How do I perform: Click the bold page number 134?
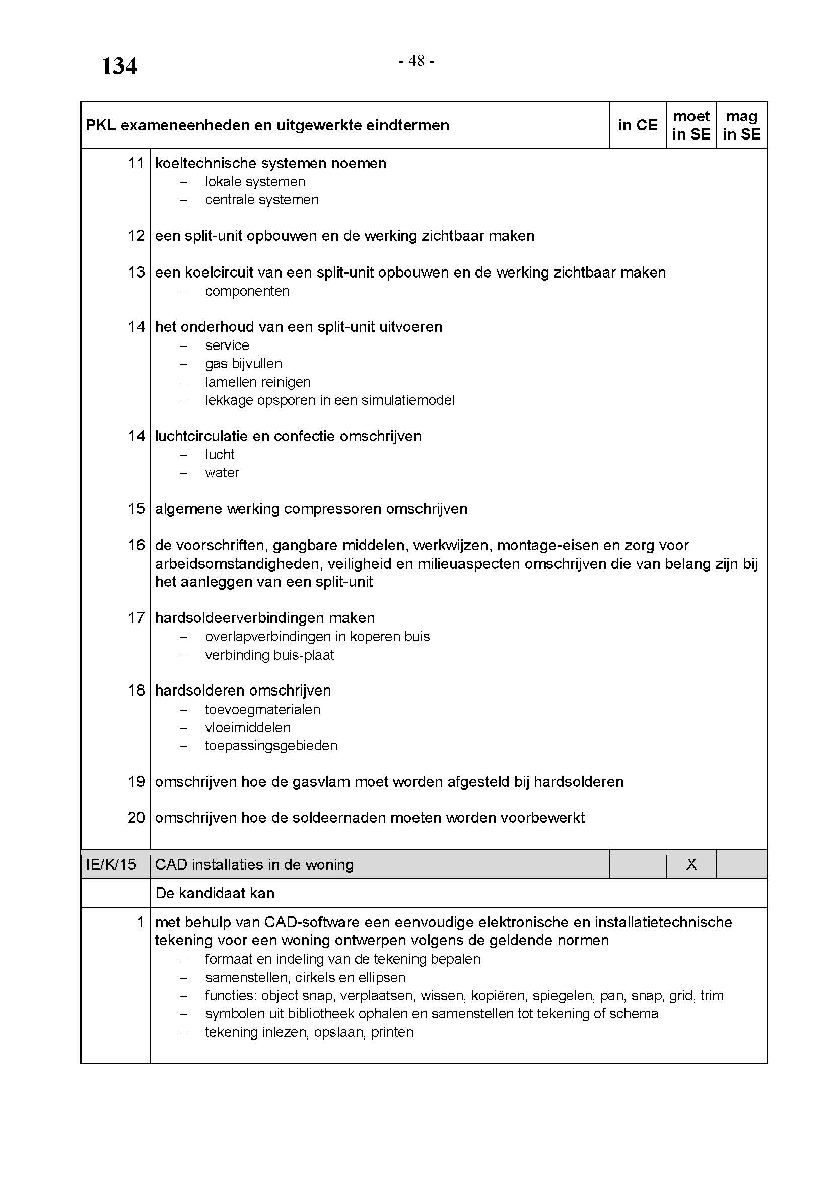pos(119,66)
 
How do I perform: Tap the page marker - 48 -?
pos(416,61)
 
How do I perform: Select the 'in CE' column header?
pos(638,125)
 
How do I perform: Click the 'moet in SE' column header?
pos(691,125)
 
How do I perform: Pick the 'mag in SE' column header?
pos(741,125)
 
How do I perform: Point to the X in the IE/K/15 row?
pos(691,865)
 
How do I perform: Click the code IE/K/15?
pos(111,865)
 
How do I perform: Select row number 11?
pos(136,163)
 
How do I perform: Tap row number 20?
pos(136,817)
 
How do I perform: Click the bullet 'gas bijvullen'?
pos(244,364)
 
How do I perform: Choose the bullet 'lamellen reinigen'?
pos(258,382)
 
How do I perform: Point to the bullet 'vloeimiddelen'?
pos(248,728)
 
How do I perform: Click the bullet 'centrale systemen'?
pos(261,200)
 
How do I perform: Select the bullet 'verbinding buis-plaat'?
pos(269,655)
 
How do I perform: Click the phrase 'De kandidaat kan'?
pos(215,893)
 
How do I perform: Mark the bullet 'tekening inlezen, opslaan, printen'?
pos(309,1032)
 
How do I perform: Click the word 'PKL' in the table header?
pos(101,125)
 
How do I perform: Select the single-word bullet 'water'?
pos(222,473)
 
